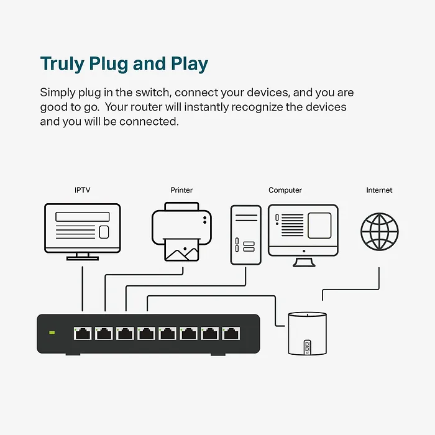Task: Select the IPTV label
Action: (x=82, y=190)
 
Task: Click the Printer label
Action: (x=181, y=190)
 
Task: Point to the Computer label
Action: (x=285, y=190)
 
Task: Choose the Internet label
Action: (x=379, y=190)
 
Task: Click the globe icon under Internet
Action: (x=379, y=231)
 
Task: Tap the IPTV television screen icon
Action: (x=82, y=227)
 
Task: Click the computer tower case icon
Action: (x=245, y=234)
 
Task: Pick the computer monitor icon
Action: (x=303, y=230)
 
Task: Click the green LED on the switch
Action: (x=52, y=333)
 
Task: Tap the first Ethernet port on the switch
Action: (x=82, y=333)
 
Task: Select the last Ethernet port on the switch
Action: (x=231, y=333)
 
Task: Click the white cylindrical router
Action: (x=305, y=333)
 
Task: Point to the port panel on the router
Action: (x=306, y=347)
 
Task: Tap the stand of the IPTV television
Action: (x=82, y=255)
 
